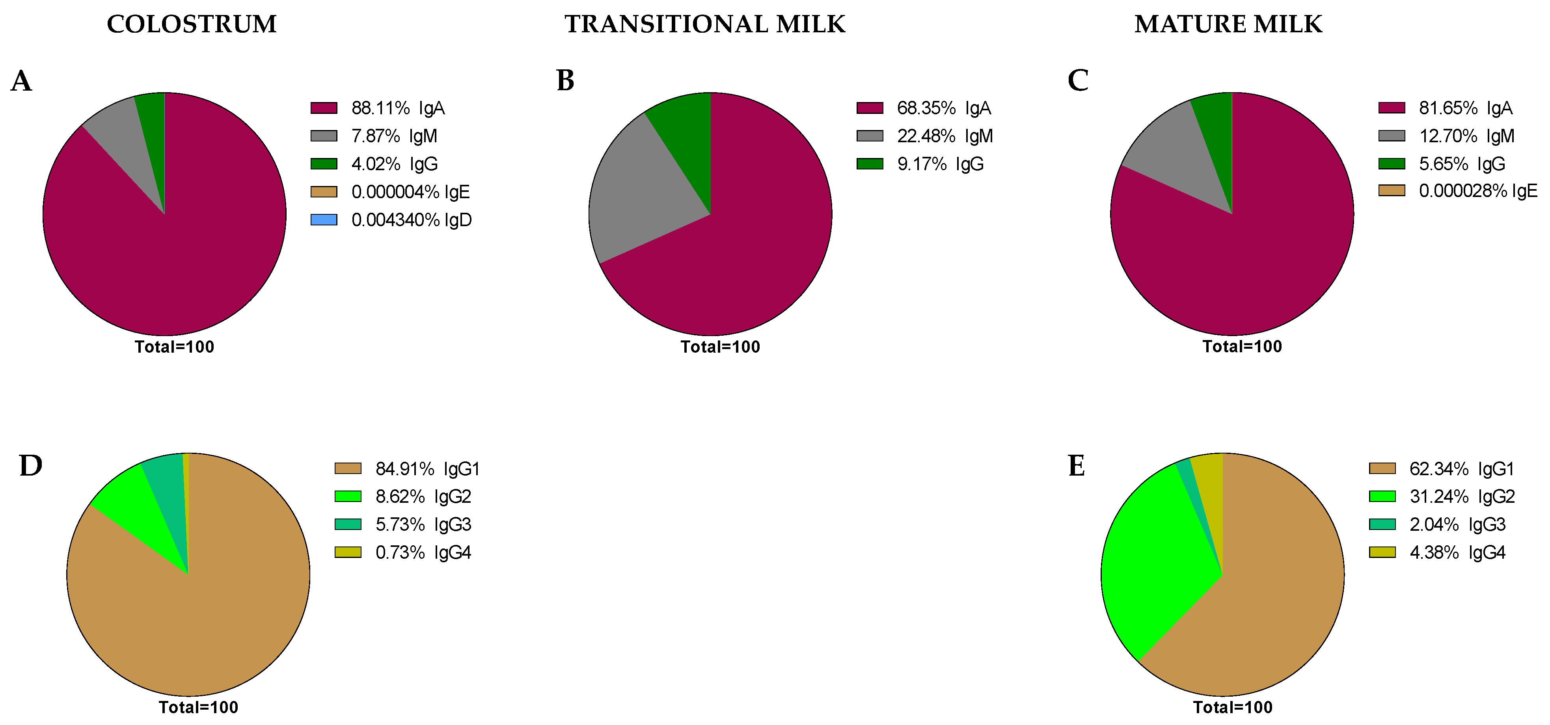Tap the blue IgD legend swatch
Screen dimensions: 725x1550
coord(324,219)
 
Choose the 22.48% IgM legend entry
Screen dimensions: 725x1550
coord(943,136)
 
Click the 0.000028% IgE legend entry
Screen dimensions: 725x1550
coord(1477,191)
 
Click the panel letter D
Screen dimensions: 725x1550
coord(31,466)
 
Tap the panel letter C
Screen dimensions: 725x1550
coord(1078,81)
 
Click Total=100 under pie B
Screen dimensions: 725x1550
coord(720,347)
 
